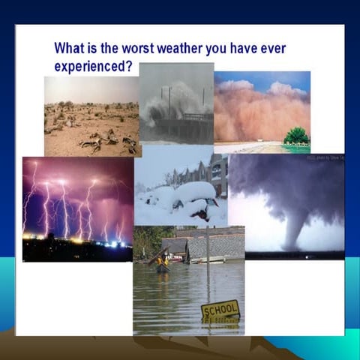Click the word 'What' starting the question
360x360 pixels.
tap(72, 49)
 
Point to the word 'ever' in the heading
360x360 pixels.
tap(271, 49)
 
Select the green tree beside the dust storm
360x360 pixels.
tap(297, 136)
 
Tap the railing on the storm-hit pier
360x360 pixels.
tap(197, 117)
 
